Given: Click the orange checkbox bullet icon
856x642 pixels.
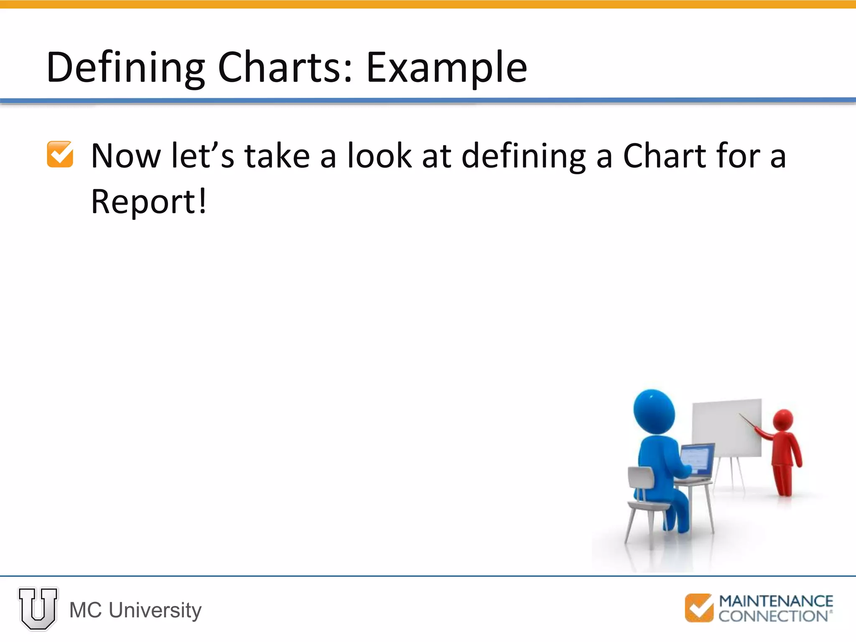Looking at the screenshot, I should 60,155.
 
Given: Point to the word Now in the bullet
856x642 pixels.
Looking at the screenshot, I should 126,156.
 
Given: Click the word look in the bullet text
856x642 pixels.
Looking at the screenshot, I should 380,156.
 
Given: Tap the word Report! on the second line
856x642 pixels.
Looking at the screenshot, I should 148,202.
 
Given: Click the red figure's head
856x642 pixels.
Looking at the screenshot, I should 783,420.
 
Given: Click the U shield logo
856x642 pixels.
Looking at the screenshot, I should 38,608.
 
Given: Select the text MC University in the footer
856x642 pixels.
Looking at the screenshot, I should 135,610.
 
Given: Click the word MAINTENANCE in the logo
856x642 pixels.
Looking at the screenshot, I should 776,601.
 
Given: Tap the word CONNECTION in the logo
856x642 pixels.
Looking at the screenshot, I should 773,616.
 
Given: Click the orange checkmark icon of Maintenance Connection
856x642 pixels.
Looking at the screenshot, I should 699,608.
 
